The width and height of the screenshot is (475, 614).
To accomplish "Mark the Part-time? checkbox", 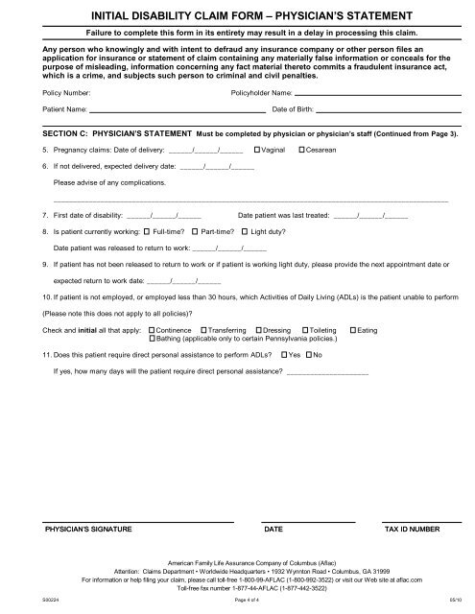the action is pos(195,231).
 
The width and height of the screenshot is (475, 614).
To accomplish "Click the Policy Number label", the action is pos(67,93).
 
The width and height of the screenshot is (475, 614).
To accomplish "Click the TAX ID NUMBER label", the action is pos(414,529).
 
